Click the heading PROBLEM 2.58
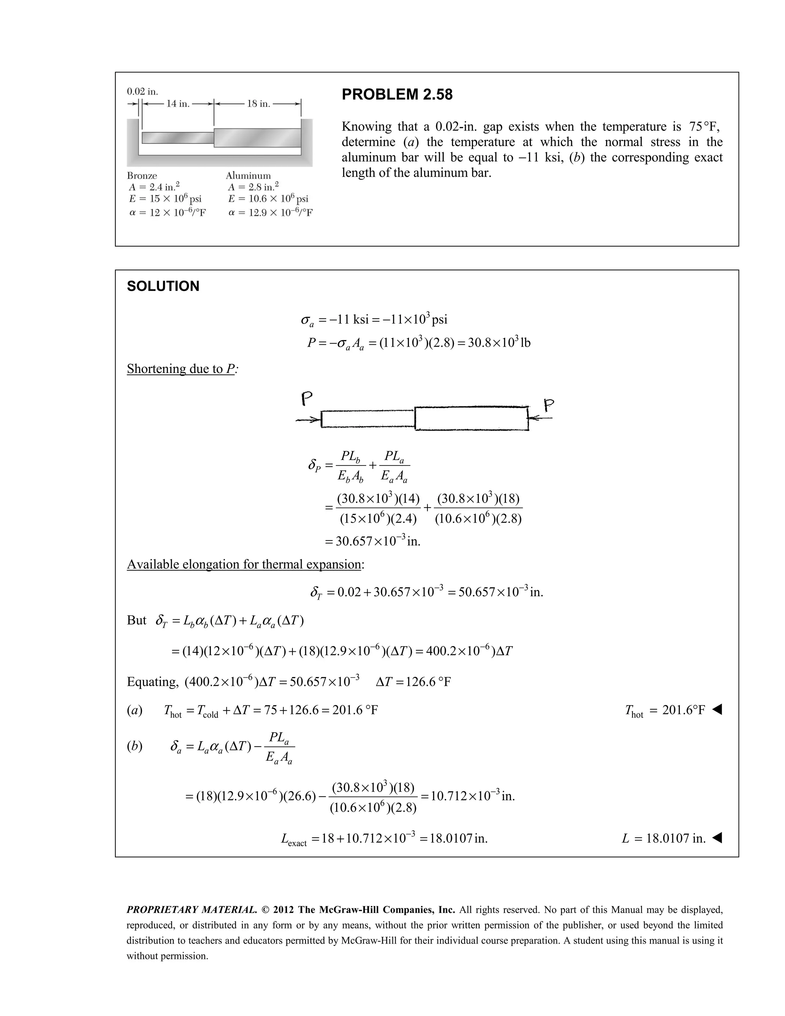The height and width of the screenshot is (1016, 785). pyautogui.click(x=397, y=94)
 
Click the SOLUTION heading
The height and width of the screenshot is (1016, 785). pyautogui.click(x=163, y=286)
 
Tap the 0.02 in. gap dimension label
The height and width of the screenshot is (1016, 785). pyautogui.click(x=142, y=91)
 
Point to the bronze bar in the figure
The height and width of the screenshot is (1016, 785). pyautogui.click(x=177, y=138)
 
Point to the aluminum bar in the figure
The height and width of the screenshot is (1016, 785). pyautogui.click(x=257, y=138)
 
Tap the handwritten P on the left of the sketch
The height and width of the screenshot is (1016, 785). pyautogui.click(x=307, y=399)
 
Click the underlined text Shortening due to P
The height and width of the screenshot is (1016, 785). pyautogui.click(x=182, y=369)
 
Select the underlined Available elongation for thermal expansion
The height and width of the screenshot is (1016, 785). pyautogui.click(x=244, y=564)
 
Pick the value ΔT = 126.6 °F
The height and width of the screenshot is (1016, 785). pyautogui.click(x=413, y=682)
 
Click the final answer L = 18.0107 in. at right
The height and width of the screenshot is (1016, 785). pyautogui.click(x=663, y=839)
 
